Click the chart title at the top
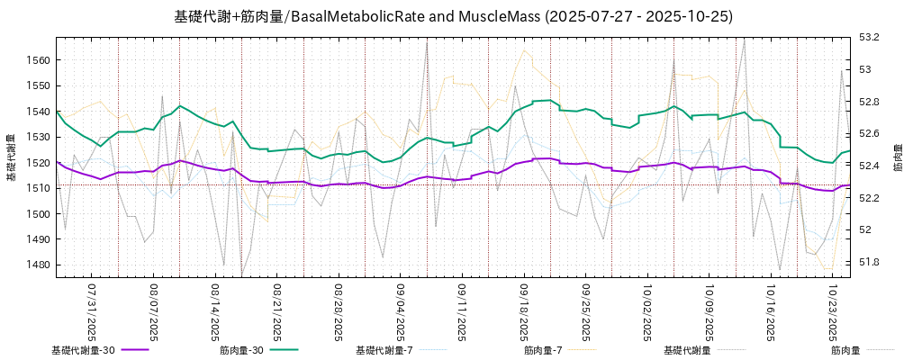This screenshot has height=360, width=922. point(453,16)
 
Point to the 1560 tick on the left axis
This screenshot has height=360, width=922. point(41,60)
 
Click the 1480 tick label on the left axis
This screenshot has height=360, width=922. point(41,265)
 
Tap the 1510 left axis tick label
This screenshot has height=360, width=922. point(41,188)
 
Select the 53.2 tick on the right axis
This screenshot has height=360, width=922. point(869,37)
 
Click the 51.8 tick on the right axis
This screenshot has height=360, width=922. point(869,262)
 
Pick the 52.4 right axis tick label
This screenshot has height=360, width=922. point(869,166)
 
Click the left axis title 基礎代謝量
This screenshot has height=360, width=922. point(12,157)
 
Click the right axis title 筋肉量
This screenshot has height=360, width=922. point(898,157)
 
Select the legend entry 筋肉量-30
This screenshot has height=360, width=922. point(241,350)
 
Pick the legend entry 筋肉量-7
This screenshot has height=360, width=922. point(543,350)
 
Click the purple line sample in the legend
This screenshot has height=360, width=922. point(135,350)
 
